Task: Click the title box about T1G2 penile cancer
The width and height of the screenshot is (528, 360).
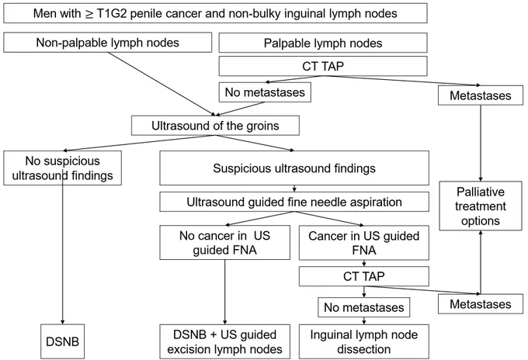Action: [x=215, y=13]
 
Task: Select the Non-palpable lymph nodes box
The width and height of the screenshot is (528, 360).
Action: [x=107, y=43]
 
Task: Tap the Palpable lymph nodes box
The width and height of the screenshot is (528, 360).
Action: [x=323, y=43]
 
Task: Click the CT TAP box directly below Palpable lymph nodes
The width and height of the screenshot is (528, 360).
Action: [x=323, y=66]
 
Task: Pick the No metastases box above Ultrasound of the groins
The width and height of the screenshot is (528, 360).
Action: [x=265, y=92]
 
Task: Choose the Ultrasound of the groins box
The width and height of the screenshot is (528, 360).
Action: [x=215, y=126]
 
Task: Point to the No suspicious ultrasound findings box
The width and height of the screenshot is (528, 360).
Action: [x=62, y=168]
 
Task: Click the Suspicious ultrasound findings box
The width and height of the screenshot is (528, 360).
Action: [x=294, y=168]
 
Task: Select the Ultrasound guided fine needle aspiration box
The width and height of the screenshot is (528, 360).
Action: [x=294, y=202]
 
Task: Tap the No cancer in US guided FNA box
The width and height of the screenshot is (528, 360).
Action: [x=224, y=243]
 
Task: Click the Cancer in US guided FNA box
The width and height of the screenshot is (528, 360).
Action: [x=363, y=243]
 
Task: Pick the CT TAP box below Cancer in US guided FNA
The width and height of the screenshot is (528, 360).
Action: [x=363, y=276]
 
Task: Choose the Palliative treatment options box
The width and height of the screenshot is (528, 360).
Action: [x=481, y=206]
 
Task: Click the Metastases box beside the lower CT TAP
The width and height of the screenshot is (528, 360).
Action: [x=481, y=304]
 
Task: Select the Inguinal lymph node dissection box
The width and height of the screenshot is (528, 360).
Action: [x=363, y=341]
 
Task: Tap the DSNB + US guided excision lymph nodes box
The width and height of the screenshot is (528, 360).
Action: [x=224, y=341]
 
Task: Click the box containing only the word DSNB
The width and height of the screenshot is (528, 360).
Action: [x=62, y=341]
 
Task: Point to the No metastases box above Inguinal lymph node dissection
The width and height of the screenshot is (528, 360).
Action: [x=363, y=307]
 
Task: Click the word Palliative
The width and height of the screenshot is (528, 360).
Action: [x=481, y=192]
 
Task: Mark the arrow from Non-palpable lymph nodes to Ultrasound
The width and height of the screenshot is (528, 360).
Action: [x=160, y=84]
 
